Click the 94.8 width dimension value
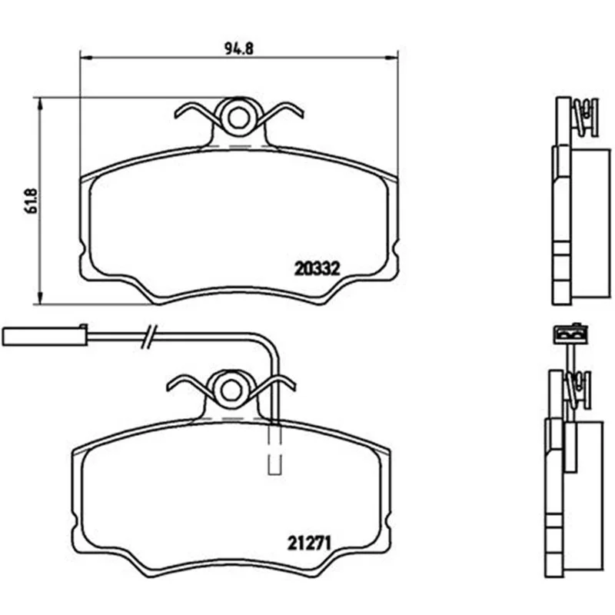coord(239,48)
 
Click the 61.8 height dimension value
coord(31,201)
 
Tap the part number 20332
coord(317,269)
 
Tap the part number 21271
coord(310,544)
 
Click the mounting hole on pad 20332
coord(238,118)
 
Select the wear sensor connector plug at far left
coord(45,336)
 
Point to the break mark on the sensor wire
coord(149,336)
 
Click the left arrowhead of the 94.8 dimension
coord(86,58)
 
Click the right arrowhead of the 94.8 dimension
coord(392,58)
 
